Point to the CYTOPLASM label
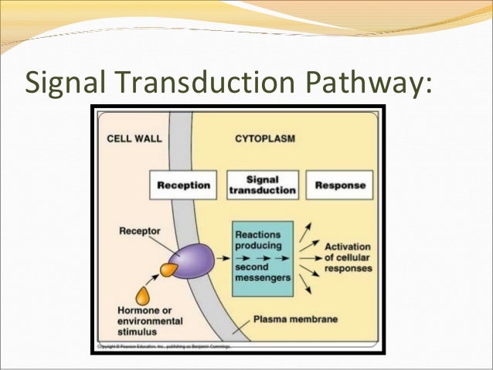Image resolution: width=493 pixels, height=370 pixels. point(265,139)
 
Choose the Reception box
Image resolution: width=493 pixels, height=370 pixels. point(184,185)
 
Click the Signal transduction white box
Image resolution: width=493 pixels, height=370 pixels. point(263,185)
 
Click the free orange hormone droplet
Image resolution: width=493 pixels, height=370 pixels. point(143,295)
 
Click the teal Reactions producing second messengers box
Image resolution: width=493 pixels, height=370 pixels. point(263,258)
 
